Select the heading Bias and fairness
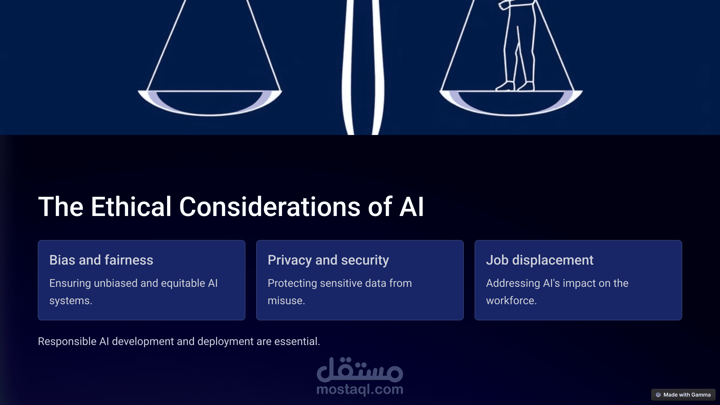101,260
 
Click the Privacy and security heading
328,260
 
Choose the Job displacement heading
540,260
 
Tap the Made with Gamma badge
683,394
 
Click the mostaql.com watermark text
360,389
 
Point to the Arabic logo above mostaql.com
360,370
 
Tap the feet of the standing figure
515,86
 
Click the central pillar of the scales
363,67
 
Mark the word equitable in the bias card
183,283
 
